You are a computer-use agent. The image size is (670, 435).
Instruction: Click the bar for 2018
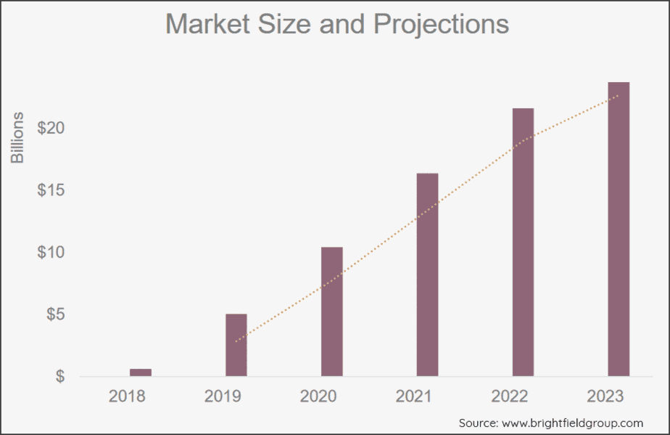tap(141, 372)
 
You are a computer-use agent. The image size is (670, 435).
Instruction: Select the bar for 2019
tap(236, 345)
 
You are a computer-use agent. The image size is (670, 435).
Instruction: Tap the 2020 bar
tap(332, 312)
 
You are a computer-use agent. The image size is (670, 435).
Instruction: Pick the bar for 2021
tap(427, 275)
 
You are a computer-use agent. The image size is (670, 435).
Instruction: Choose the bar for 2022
tap(523, 242)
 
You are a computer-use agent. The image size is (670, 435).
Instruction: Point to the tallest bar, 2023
tap(619, 229)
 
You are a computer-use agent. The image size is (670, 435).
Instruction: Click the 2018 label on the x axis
tap(127, 397)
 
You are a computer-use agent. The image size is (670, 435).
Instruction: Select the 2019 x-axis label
tap(223, 397)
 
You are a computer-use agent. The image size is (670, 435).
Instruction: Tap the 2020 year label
tap(318, 397)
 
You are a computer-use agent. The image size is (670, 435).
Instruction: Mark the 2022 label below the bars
tap(509, 397)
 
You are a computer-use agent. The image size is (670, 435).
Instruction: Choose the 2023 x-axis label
tap(605, 397)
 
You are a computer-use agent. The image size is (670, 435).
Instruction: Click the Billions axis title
tap(18, 137)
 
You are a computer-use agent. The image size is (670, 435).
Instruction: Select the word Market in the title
tap(210, 24)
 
